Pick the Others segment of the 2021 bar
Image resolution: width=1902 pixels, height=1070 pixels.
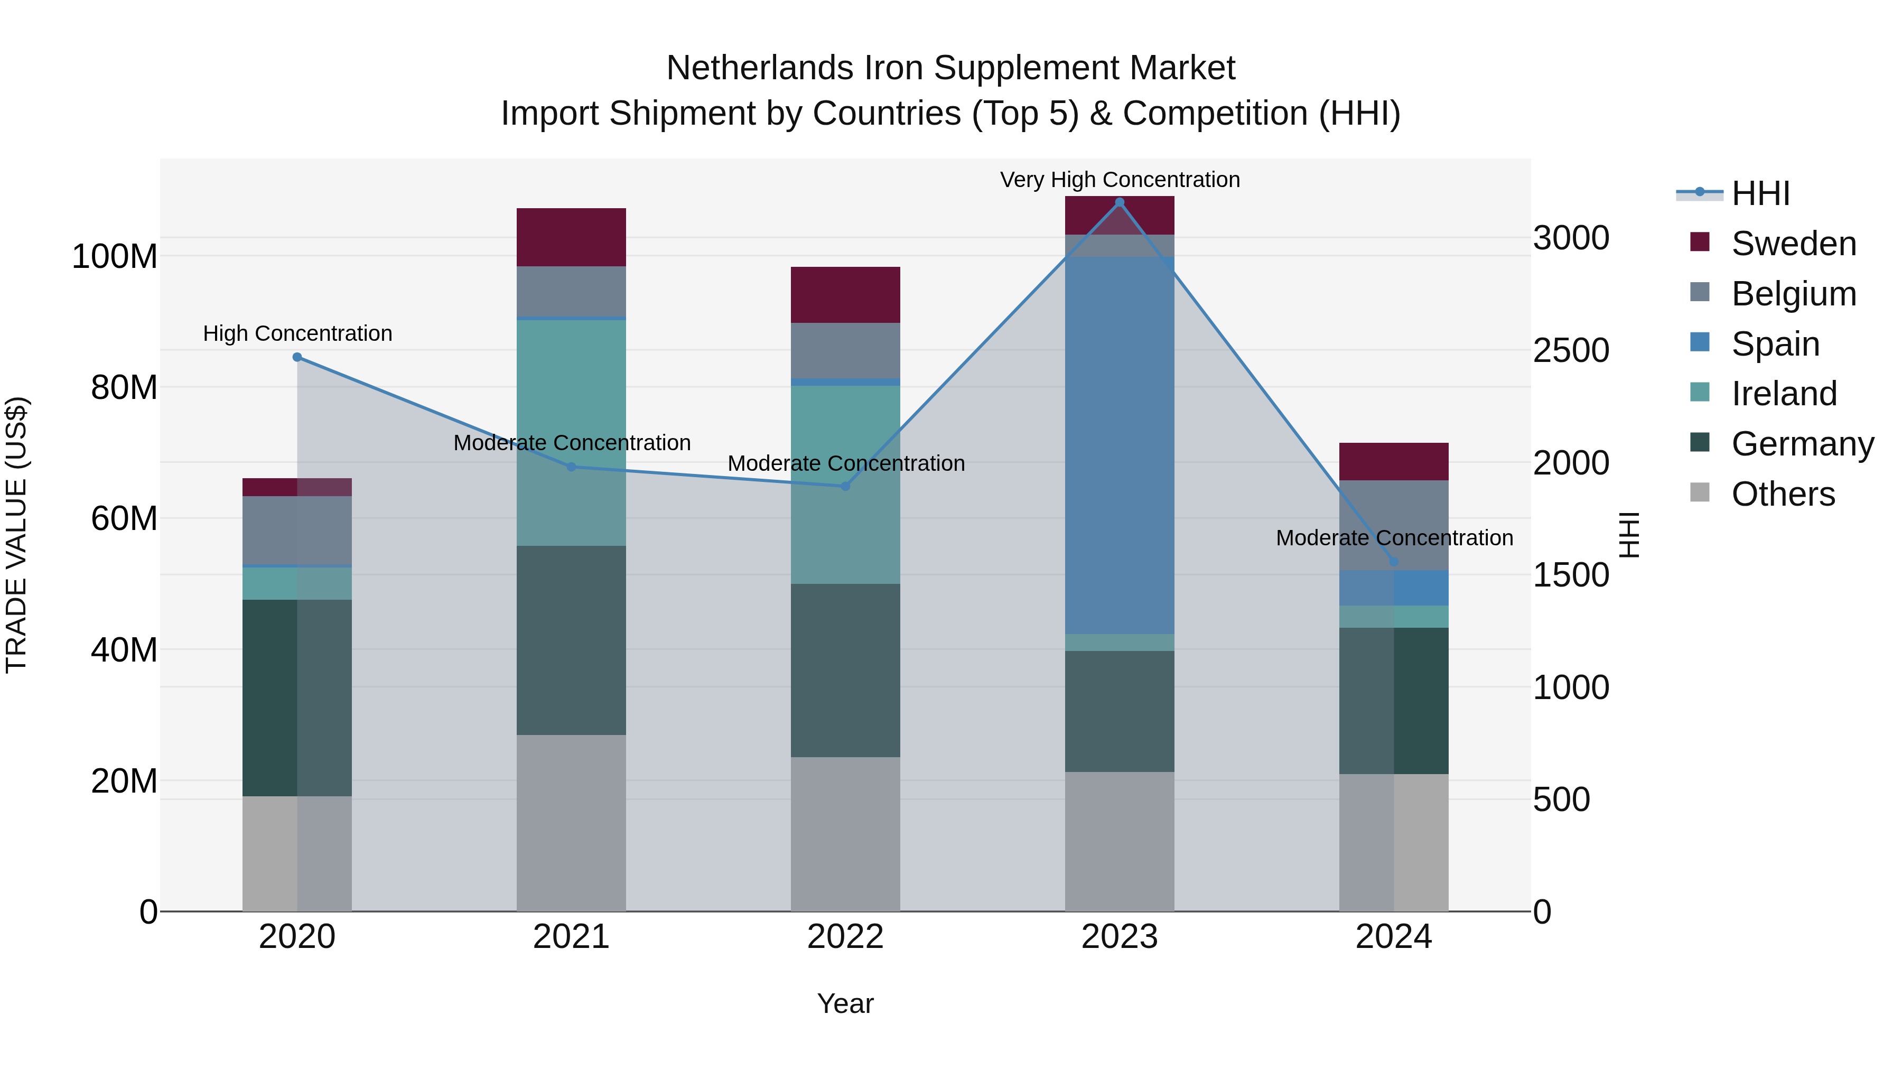571,823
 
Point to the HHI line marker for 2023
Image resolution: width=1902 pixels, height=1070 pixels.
1120,202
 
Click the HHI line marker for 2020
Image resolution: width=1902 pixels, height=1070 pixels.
297,357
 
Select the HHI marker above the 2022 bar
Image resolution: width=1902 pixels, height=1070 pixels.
845,487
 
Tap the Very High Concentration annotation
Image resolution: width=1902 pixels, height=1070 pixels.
1120,180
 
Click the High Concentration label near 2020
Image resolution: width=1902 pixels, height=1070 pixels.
297,334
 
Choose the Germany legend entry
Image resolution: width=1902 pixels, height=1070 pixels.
1802,444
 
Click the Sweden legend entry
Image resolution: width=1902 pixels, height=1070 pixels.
1793,244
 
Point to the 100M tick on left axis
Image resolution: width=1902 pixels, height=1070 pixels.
115,257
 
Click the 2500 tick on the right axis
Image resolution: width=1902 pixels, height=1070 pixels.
1571,351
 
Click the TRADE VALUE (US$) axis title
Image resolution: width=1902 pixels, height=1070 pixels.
17,535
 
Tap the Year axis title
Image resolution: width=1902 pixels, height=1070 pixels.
845,1003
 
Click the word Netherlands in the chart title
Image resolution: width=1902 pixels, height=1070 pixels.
760,68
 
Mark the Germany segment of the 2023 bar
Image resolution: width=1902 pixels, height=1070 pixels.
1120,711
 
